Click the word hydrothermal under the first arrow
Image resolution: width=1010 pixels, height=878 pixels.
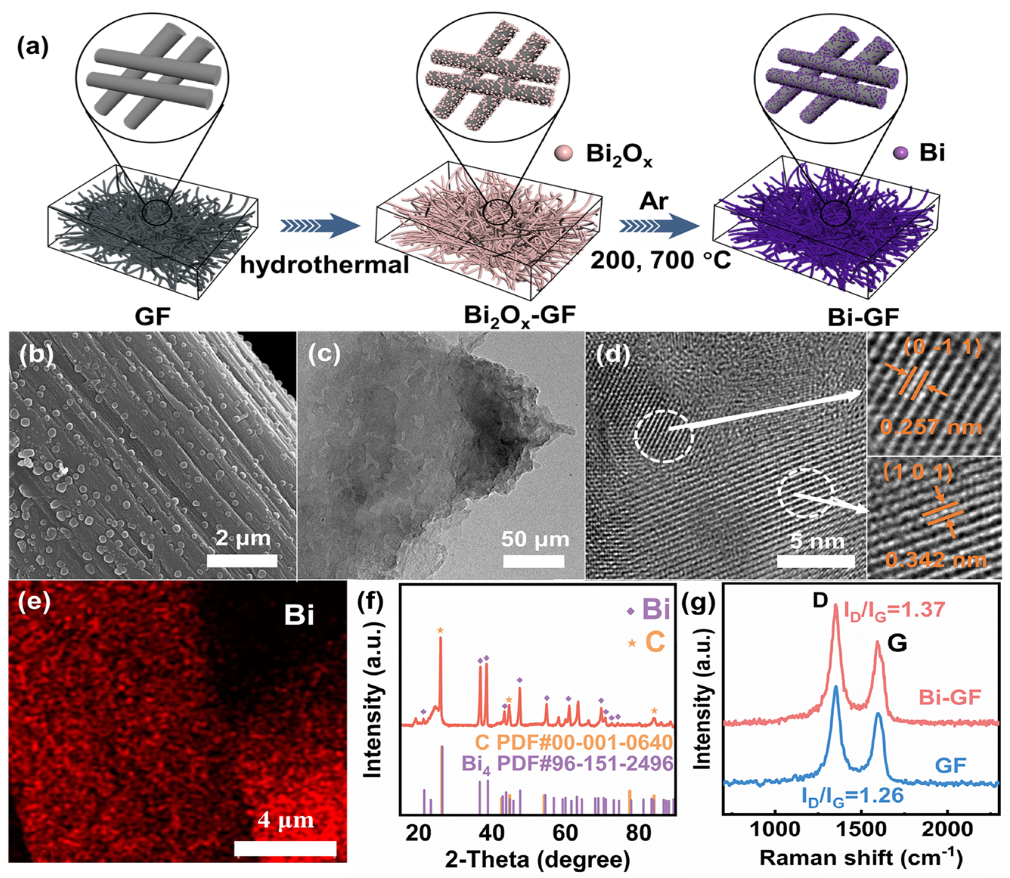(x=324, y=265)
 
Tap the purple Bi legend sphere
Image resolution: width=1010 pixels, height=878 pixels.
(x=900, y=154)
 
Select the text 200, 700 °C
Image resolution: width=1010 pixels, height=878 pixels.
(x=660, y=260)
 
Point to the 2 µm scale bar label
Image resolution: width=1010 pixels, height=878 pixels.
(x=243, y=538)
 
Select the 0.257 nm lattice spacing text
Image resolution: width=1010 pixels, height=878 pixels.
(x=931, y=427)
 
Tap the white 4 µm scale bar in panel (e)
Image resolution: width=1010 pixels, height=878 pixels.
(x=285, y=848)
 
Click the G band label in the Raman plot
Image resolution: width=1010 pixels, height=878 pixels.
(x=897, y=643)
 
